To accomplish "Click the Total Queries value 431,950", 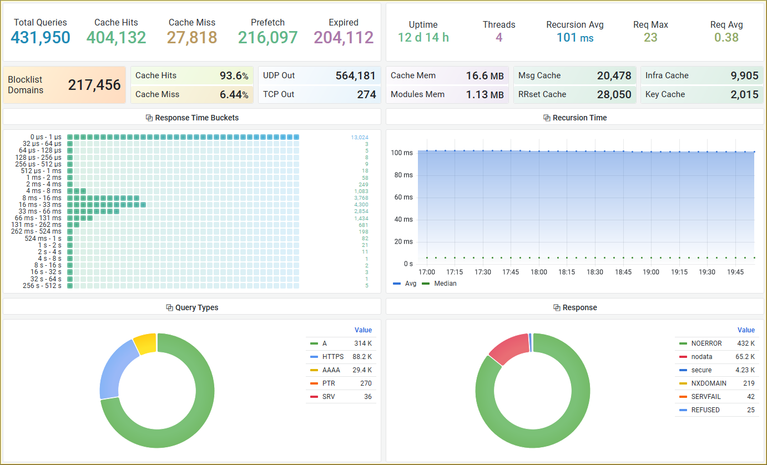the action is point(41,37).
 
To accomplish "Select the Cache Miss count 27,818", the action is point(192,37).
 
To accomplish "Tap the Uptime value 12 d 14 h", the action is point(423,37).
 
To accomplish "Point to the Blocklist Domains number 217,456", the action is point(94,85).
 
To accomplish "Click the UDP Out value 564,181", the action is point(355,75).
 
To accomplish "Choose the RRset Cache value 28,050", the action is point(614,94).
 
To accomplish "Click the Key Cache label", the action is point(665,94).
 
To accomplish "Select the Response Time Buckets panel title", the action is point(196,118).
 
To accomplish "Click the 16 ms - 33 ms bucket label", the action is point(40,204).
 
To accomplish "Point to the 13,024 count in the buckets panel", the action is point(360,137).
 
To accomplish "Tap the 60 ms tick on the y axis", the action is point(403,197).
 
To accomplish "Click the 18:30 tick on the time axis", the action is point(595,272).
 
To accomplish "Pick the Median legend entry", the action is point(440,284).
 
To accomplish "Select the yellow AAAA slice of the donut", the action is point(145,343).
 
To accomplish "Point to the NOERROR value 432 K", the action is point(746,343).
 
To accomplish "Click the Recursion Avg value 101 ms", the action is point(575,37).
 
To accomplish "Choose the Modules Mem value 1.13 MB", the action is point(485,94).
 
